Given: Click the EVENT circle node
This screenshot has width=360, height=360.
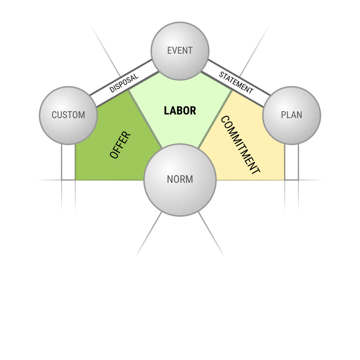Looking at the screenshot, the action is [x=180, y=51].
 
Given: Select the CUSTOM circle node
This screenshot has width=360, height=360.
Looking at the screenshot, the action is [x=68, y=116].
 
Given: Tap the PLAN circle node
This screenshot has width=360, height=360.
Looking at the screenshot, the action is [x=292, y=116].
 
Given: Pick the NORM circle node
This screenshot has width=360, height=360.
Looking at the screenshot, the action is [x=180, y=180].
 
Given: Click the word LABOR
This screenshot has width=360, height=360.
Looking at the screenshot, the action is [x=180, y=111].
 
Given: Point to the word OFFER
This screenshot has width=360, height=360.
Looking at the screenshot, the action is [x=120, y=145].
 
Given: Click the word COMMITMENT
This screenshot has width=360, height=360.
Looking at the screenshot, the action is [x=240, y=145].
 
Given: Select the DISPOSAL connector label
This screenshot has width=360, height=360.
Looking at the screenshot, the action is [x=124, y=83].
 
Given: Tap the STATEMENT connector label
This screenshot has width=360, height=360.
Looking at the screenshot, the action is [x=236, y=83].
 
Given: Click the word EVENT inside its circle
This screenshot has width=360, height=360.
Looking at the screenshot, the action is [x=180, y=50].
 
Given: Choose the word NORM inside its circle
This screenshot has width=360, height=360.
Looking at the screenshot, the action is [x=180, y=179].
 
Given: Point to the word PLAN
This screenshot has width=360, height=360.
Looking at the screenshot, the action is [x=292, y=115].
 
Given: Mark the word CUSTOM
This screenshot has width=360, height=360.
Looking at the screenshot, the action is [x=68, y=115].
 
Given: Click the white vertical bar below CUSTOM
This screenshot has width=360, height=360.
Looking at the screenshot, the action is [x=68, y=162].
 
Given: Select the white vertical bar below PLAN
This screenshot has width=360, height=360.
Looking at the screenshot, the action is [x=292, y=162].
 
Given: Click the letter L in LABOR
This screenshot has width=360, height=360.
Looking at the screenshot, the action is [x=166, y=111].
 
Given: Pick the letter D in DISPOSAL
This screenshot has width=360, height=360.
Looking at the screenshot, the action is [x=112, y=89].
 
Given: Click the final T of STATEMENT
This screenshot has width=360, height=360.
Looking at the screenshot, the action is [x=251, y=91].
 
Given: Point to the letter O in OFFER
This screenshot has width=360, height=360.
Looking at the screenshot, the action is [x=114, y=154].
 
